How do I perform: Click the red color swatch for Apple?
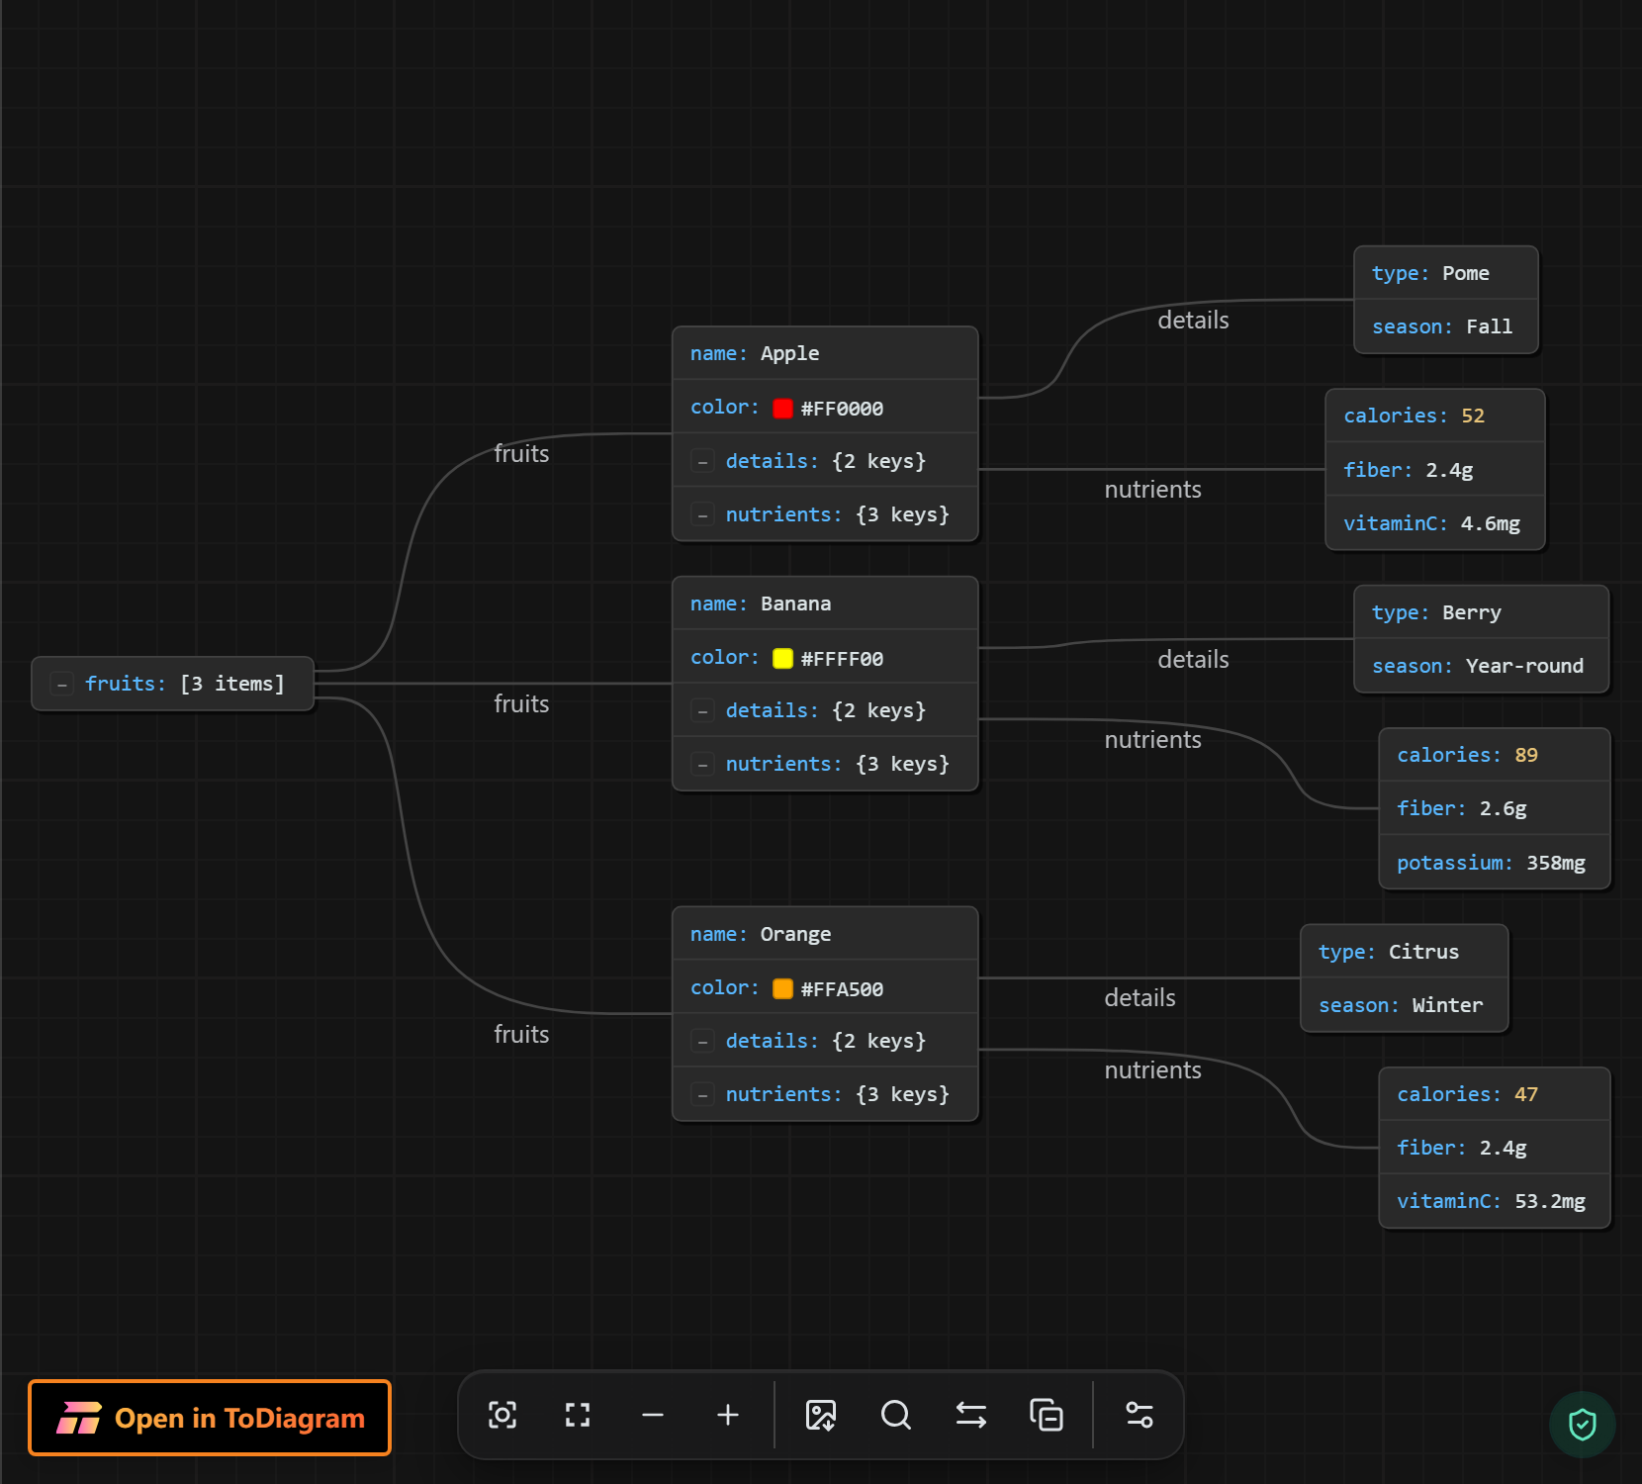pos(782,408)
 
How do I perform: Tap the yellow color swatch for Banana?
pos(782,658)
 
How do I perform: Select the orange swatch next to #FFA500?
pos(782,988)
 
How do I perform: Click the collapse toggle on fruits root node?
pos(62,684)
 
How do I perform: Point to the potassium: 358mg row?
pos(1495,863)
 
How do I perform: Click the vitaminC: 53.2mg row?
pos(1495,1201)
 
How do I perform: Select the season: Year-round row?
pos(1481,666)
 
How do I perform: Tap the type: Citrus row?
pos(1404,952)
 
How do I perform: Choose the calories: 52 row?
pos(1434,416)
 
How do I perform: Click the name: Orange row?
pos(825,934)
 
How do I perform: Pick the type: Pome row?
pos(1445,273)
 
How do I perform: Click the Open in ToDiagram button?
pos(210,1418)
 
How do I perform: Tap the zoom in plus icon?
pos(728,1416)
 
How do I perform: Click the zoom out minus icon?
pos(653,1416)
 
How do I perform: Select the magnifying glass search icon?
pos(896,1416)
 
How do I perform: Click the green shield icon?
pos(1583,1425)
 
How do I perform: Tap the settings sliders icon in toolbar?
pos(1140,1416)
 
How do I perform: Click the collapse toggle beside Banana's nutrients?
pos(702,765)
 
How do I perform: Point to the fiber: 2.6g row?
pos(1495,808)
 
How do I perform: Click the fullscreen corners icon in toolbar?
pos(578,1416)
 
